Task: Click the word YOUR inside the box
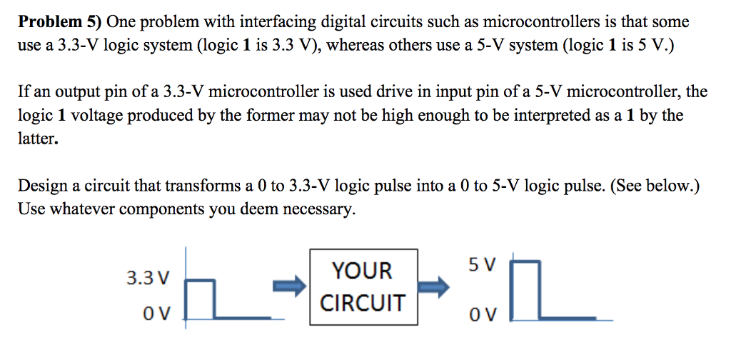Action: (363, 271)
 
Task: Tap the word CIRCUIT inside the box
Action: (363, 303)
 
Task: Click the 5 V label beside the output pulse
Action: (482, 265)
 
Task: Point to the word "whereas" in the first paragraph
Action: (356, 46)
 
